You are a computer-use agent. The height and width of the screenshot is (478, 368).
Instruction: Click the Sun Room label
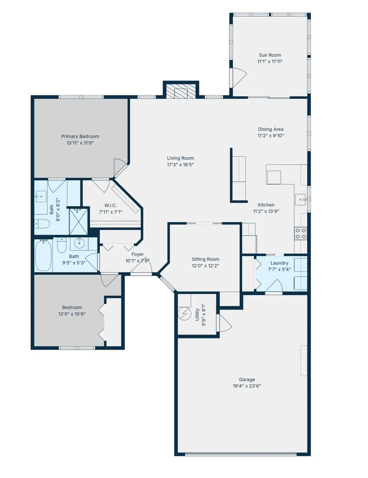pyautogui.click(x=270, y=55)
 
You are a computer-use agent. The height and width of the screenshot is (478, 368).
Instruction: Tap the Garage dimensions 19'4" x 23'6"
pyautogui.click(x=247, y=386)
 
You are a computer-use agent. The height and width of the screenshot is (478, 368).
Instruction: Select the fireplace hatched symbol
pyautogui.click(x=181, y=91)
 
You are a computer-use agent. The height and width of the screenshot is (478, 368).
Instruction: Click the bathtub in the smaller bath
pyautogui.click(x=43, y=255)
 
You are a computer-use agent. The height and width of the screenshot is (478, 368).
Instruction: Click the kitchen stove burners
pyautogui.click(x=301, y=233)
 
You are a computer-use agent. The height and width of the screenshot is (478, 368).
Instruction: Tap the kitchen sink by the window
pyautogui.click(x=300, y=200)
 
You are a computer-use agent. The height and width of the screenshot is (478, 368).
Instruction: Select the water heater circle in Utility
pyautogui.click(x=185, y=314)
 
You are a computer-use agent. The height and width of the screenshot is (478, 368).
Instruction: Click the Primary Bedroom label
pyautogui.click(x=80, y=137)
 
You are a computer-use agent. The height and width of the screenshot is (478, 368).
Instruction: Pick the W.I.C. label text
pyautogui.click(x=110, y=206)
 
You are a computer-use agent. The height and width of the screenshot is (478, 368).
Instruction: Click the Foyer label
pyautogui.click(x=137, y=254)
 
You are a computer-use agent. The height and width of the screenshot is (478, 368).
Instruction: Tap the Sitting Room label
pyautogui.click(x=205, y=259)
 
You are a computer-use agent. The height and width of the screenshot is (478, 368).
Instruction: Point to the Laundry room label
pyautogui.click(x=279, y=263)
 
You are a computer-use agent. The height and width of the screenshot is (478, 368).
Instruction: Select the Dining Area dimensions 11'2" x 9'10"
pyautogui.click(x=270, y=136)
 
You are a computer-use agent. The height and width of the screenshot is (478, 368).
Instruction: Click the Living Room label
pyautogui.click(x=180, y=158)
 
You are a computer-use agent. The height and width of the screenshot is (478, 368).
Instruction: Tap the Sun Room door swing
pyautogui.click(x=239, y=77)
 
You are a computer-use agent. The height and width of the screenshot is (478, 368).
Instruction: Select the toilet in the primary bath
pyautogui.click(x=42, y=224)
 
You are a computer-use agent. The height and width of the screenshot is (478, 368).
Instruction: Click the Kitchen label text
pyautogui.click(x=266, y=205)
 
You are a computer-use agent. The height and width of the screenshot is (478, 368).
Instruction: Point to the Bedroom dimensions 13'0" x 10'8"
pyautogui.click(x=72, y=314)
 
